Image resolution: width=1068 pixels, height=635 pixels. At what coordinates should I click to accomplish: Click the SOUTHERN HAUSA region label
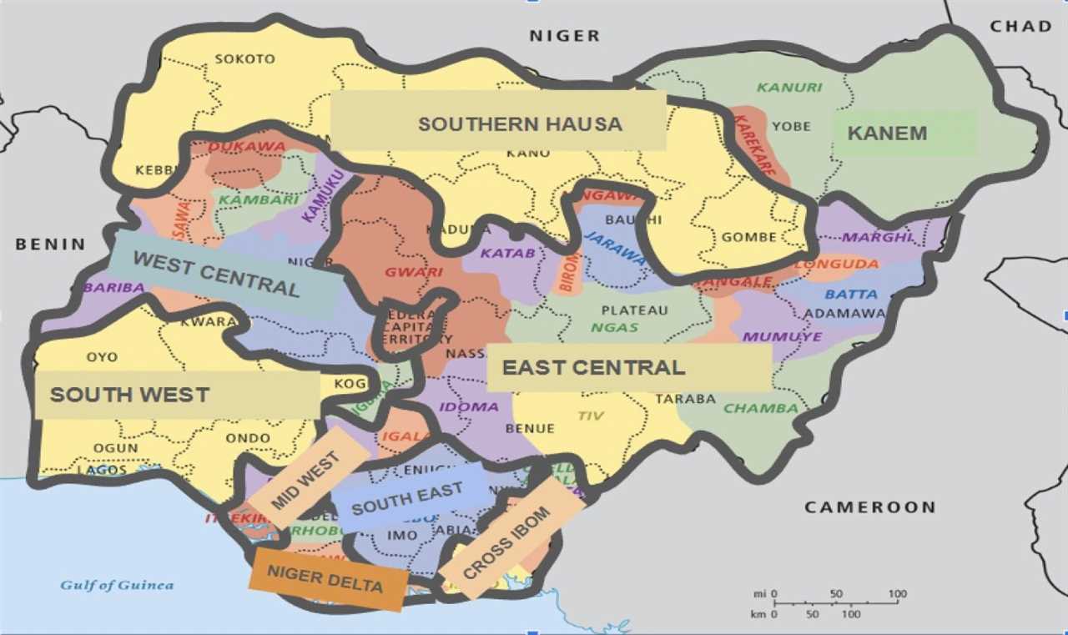tap(520, 124)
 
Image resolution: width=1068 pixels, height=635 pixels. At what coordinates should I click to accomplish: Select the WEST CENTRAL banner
tap(216, 274)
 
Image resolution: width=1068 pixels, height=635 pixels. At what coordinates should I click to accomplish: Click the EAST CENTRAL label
tap(593, 367)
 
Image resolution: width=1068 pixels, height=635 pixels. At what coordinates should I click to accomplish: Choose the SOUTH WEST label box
tap(129, 395)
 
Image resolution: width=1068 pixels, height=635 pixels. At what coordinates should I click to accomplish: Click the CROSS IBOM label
tap(506, 542)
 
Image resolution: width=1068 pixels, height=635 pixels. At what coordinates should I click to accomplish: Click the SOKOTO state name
tap(244, 59)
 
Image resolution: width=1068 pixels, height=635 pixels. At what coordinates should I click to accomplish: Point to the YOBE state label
tap(791, 127)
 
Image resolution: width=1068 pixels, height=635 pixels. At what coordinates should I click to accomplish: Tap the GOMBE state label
tap(749, 237)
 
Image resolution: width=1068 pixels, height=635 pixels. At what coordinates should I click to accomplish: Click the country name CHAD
tap(1020, 27)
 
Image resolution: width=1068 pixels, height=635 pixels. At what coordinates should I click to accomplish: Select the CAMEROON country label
tap(869, 507)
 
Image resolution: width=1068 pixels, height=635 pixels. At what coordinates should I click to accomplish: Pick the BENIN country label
tap(50, 244)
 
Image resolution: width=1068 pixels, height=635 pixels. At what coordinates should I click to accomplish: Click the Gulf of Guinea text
tap(117, 585)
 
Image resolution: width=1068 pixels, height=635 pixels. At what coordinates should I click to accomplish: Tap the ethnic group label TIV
tap(589, 416)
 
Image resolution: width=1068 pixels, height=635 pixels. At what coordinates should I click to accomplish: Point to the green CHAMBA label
tap(760, 408)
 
